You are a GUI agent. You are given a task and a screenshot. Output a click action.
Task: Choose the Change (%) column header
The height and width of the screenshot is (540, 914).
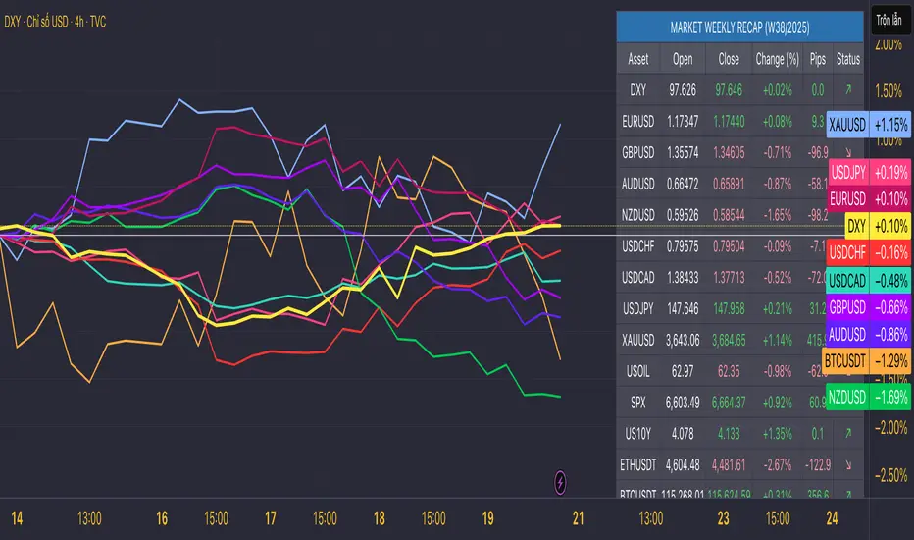point(776,59)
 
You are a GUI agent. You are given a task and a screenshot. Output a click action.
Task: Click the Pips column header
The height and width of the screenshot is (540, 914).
point(818,59)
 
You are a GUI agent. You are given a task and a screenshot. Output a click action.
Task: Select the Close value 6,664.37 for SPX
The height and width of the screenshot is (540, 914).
point(729,403)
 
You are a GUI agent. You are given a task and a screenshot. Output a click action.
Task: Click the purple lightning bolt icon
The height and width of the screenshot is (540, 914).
point(560,482)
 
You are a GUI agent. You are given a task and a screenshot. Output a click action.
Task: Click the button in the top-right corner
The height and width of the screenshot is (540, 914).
point(889,19)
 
